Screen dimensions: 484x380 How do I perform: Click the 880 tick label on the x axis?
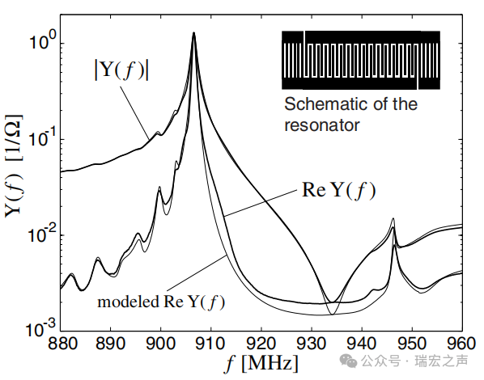pos(62,344)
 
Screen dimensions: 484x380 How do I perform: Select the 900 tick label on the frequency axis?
pos(161,344)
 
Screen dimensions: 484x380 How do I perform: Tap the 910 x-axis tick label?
pos(210,344)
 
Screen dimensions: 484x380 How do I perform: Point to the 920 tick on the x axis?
pos(261,344)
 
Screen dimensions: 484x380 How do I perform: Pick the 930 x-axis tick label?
pos(311,344)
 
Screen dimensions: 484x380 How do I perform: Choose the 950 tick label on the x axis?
pos(412,344)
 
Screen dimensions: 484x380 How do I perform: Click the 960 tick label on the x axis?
pos(461,344)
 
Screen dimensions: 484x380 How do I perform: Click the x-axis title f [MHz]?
pos(261,363)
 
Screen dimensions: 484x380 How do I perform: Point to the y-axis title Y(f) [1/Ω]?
pos(14,166)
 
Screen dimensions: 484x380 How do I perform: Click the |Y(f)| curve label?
pos(121,70)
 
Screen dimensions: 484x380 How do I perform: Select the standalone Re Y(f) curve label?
pos(338,190)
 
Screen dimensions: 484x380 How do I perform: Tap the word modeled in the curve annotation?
pos(128,302)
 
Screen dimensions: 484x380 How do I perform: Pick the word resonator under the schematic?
pos(322,125)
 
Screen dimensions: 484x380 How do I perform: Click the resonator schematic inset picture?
pos(361,60)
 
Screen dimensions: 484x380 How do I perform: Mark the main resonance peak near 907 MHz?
pos(194,32)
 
